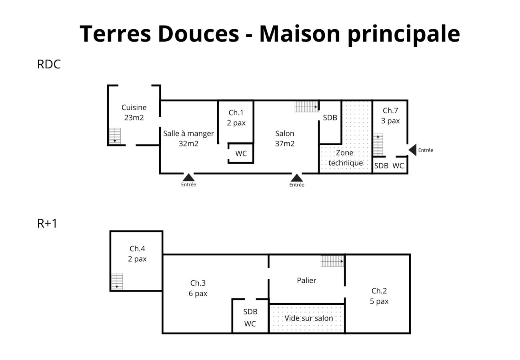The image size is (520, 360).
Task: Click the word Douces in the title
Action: [198, 34]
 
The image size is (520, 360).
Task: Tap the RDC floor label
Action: [49, 64]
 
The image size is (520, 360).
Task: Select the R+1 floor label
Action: [47, 223]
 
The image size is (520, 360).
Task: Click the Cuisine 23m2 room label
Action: [134, 112]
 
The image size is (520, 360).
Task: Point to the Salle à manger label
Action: [188, 134]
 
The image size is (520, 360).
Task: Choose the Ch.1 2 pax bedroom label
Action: [236, 118]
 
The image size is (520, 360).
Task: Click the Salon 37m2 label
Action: [285, 138]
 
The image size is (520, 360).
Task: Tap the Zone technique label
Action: [346, 158]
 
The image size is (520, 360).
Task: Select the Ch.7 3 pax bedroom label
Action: [390, 116]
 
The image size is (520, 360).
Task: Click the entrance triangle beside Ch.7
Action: [413, 150]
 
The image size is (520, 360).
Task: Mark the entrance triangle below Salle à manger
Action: [188, 177]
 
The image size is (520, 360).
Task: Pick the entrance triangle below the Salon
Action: [297, 178]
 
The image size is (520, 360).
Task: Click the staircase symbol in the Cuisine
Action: [115, 136]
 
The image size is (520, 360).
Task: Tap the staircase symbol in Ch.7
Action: [378, 145]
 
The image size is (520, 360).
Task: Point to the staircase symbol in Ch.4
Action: [117, 282]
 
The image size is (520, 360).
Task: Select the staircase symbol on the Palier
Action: [332, 261]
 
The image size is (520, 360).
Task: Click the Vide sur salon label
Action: [309, 318]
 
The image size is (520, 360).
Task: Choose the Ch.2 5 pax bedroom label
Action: [379, 296]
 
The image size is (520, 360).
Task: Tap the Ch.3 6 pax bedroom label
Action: [198, 288]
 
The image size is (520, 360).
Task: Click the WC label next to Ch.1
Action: [241, 154]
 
